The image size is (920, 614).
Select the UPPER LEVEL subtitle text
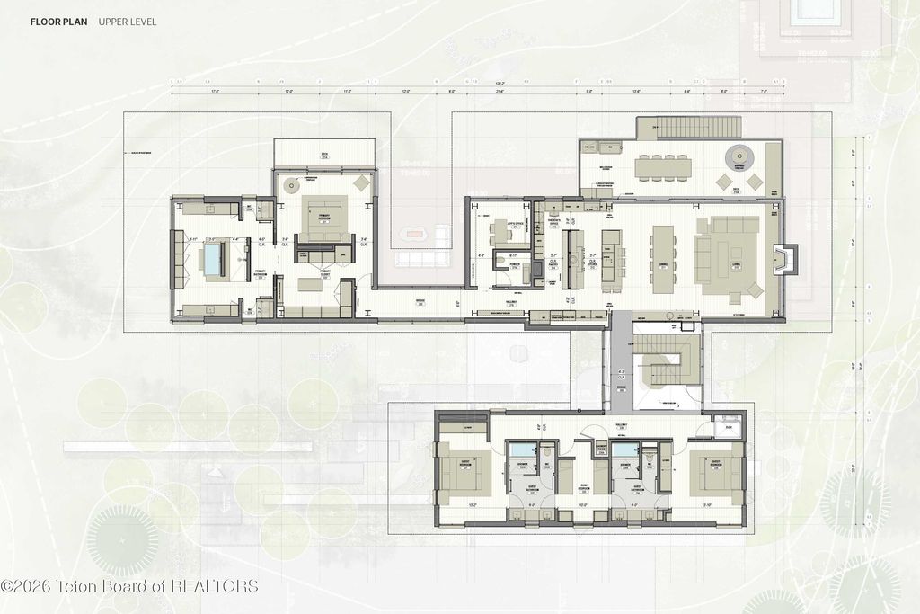pos(128,22)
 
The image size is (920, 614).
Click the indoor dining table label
pos(663,264)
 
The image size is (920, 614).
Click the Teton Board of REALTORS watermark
pos(129,586)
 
